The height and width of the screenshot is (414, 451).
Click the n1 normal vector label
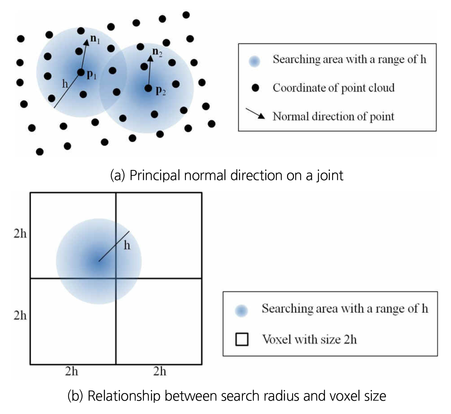coord(95,39)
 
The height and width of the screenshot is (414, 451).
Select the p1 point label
coord(92,75)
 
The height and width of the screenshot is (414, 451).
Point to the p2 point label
coord(161,90)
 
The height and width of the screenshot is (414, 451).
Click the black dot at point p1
coord(81,72)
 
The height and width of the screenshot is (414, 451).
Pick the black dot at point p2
coord(148,88)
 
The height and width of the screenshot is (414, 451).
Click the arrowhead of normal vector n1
coord(87,42)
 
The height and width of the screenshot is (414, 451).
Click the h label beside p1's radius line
coord(65,84)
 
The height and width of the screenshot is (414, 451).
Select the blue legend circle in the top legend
coord(254,61)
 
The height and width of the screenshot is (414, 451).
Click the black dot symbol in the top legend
coord(256,88)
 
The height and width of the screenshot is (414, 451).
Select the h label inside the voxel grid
coord(127,245)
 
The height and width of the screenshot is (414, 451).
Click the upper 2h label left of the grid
coord(20,233)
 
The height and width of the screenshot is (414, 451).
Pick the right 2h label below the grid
coord(160,371)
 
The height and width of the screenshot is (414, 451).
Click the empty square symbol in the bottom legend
coord(242,339)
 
